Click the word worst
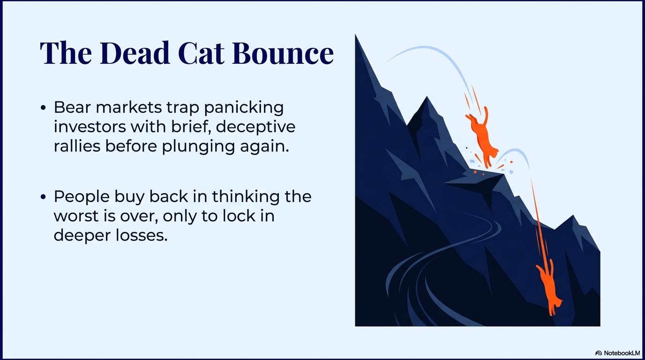[x=74, y=216]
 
